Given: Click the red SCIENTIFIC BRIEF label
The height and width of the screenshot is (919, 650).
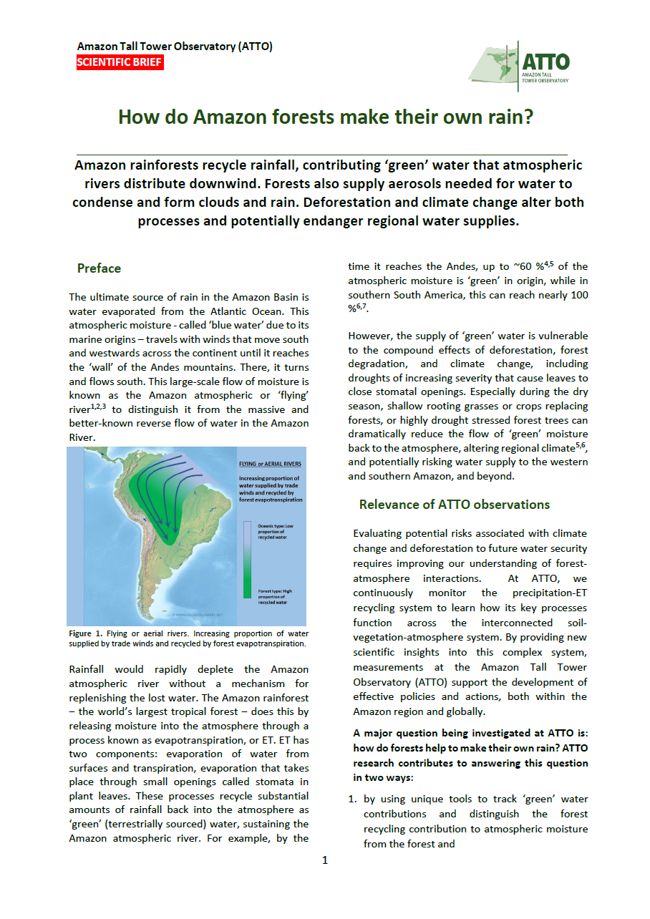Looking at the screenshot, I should (x=120, y=62).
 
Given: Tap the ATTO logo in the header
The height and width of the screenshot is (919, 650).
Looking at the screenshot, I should (x=520, y=62).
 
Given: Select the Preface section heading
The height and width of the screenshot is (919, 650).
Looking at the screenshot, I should (x=99, y=268).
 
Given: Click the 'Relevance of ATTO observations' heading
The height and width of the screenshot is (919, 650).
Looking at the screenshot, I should (x=455, y=505).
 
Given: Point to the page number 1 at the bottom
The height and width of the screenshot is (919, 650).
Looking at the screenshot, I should (x=325, y=860).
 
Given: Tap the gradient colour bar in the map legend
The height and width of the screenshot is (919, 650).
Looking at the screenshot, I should (x=247, y=558).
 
